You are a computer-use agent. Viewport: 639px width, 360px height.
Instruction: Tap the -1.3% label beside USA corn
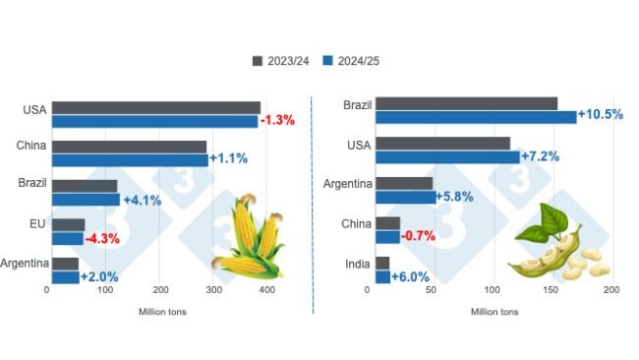pyautogui.click(x=278, y=121)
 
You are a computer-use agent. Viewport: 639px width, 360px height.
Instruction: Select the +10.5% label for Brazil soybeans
pyautogui.click(x=601, y=115)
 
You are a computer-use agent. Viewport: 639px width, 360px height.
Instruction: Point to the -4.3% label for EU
pyautogui.click(x=102, y=237)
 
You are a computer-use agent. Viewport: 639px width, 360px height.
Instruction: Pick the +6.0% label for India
pyautogui.click(x=410, y=276)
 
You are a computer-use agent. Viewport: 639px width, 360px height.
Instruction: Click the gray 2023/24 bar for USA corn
pyautogui.click(x=155, y=107)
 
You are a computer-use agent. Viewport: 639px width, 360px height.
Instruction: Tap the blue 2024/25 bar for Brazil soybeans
pyautogui.click(x=476, y=117)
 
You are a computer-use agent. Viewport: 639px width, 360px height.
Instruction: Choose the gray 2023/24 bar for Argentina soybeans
pyautogui.click(x=404, y=183)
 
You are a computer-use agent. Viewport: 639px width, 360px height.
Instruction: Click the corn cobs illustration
pyautogui.click(x=250, y=237)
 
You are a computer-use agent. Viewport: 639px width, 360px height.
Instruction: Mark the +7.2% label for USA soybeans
pyautogui.click(x=545, y=156)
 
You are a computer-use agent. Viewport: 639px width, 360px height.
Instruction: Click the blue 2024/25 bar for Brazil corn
pyautogui.click(x=86, y=199)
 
